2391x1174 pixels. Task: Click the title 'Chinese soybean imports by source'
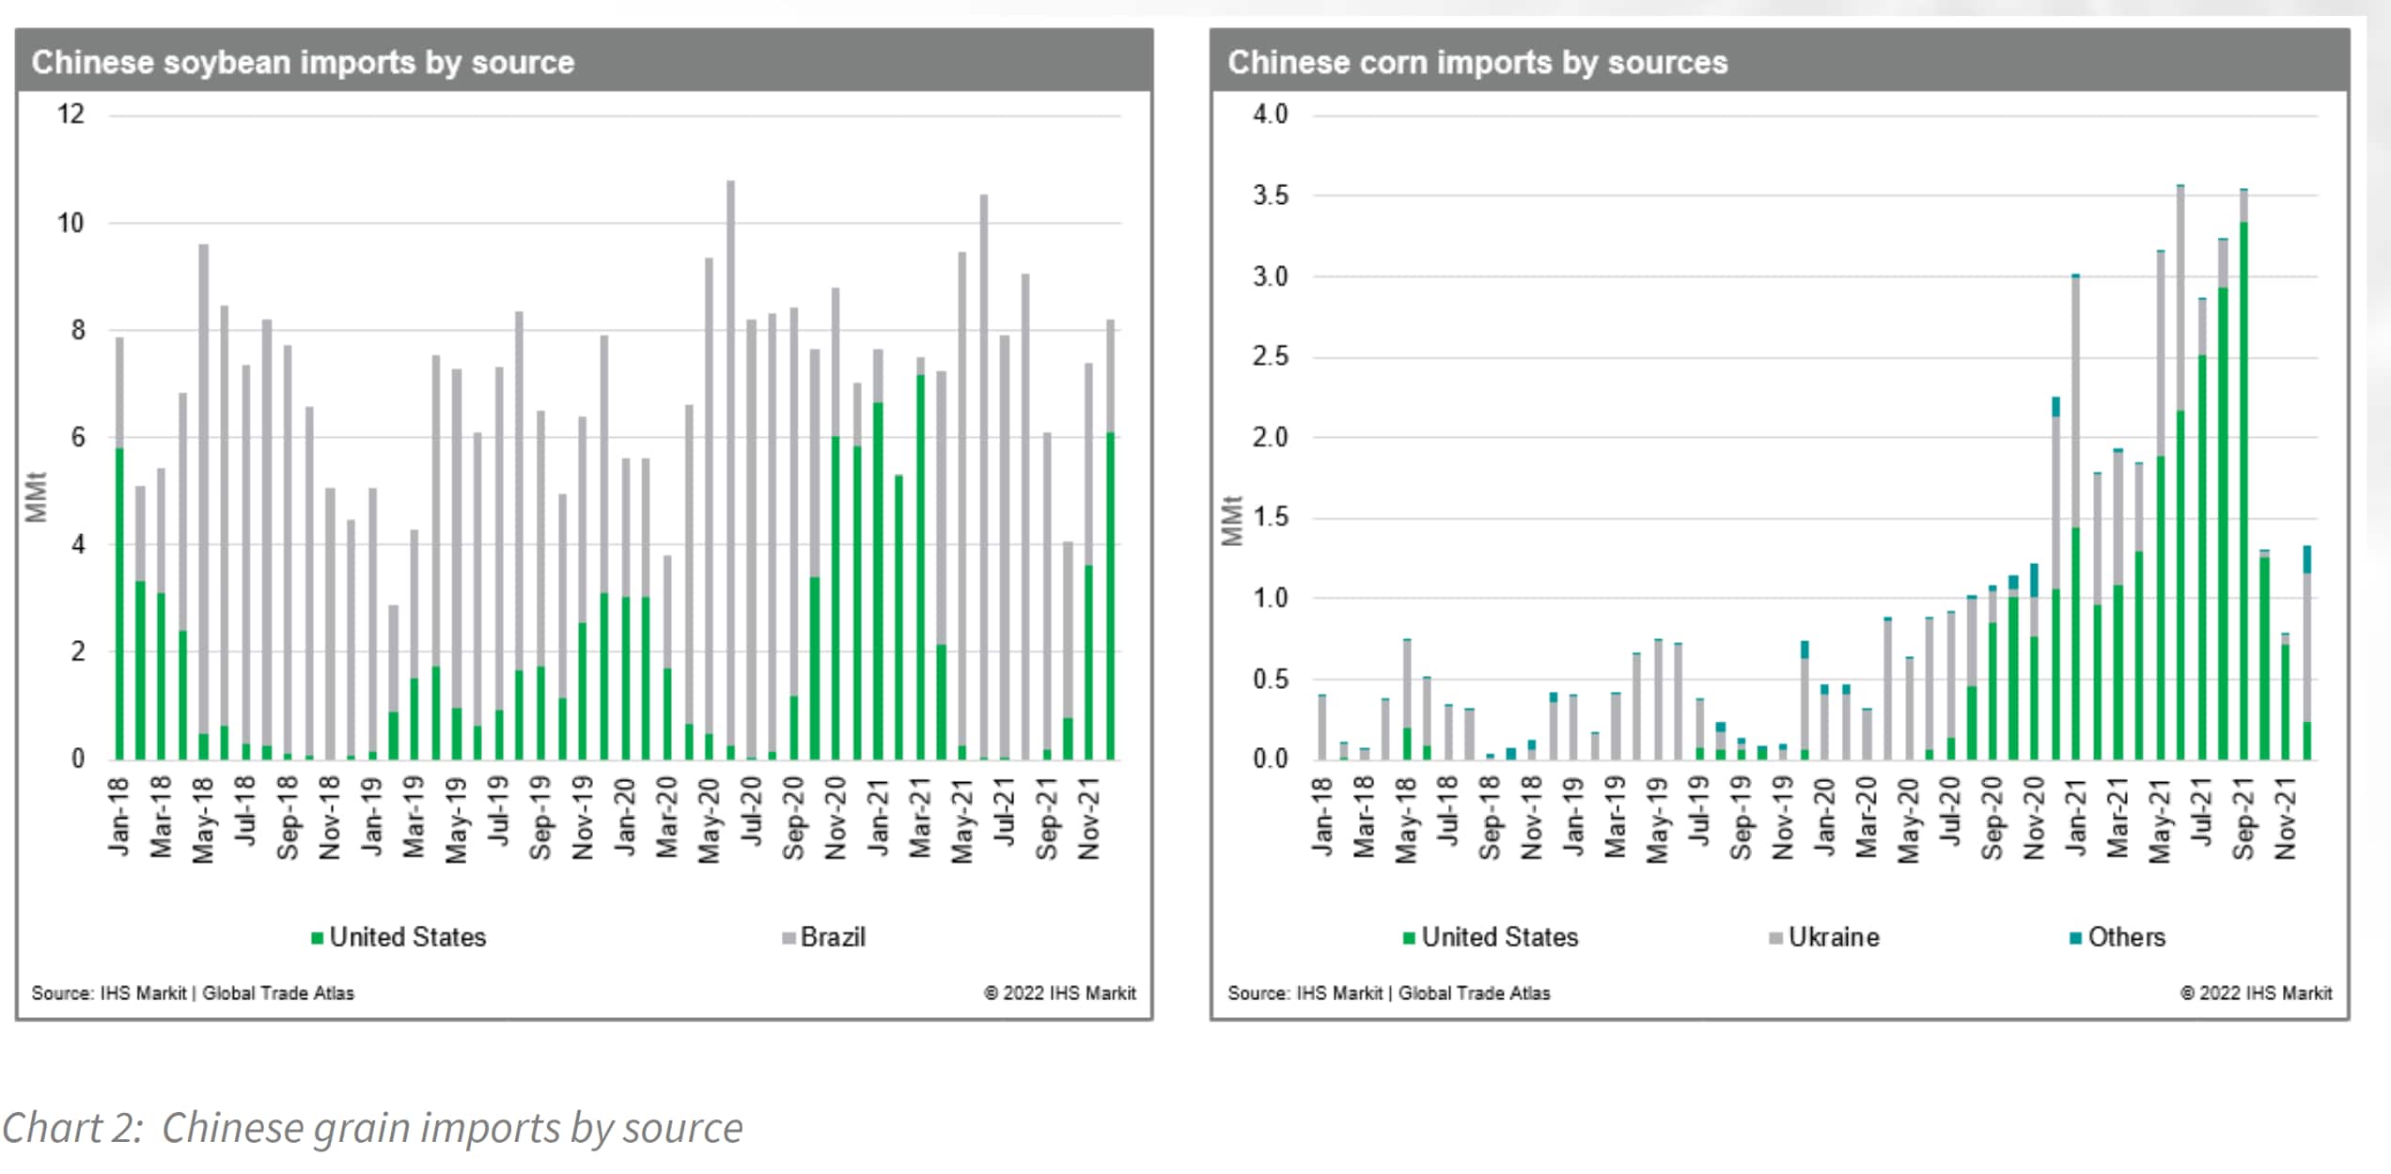303,62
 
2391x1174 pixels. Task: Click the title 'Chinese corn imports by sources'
1477,62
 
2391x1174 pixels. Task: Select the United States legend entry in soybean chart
399,937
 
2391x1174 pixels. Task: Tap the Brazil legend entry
825,937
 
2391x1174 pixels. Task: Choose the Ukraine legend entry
1825,937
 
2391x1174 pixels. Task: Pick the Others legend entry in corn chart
2118,937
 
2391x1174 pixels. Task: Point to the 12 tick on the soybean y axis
70,115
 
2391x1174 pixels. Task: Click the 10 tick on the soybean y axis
70,224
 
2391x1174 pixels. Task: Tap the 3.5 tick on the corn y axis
1270,196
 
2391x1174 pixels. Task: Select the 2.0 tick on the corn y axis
1270,437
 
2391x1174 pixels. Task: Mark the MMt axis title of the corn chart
1231,520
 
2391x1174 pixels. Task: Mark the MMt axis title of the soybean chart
36,496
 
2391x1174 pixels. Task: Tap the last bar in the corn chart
2306,658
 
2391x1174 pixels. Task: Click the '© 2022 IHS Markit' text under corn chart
2256,993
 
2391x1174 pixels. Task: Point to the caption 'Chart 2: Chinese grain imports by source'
372,1128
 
